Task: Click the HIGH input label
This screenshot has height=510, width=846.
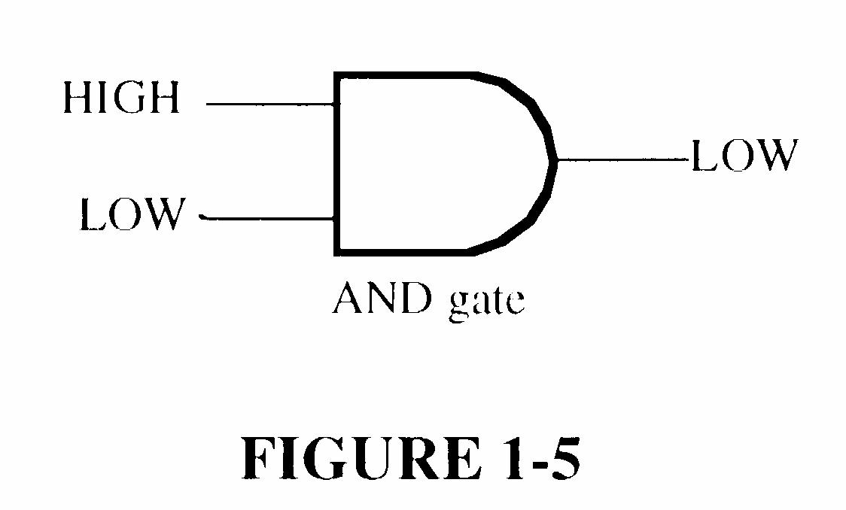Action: [121, 98]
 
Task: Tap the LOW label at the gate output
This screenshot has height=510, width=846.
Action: [743, 156]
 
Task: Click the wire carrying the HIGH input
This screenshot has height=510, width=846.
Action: [271, 105]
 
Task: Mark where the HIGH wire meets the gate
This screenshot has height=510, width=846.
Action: [336, 105]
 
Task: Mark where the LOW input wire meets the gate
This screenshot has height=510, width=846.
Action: [336, 219]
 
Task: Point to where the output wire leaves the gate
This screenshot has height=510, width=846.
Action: [557, 160]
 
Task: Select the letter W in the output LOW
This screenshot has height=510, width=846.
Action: [774, 156]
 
